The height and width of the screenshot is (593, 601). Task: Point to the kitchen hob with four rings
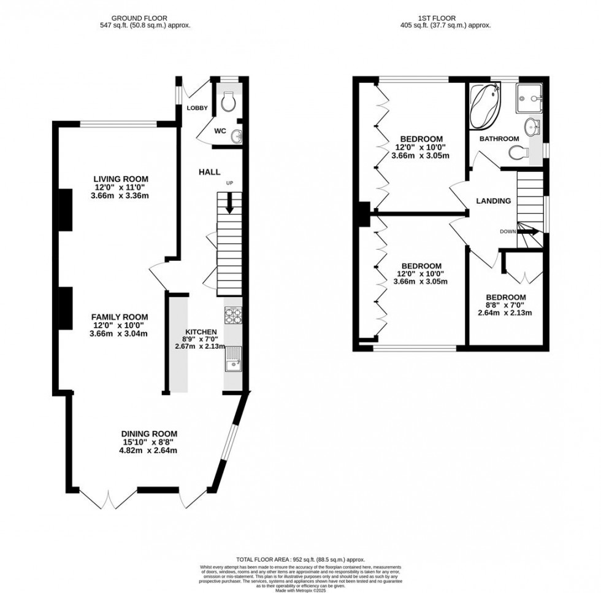234,316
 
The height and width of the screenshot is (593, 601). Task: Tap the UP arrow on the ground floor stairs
230,203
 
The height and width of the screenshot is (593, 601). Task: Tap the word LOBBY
198,108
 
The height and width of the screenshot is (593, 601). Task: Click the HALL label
209,172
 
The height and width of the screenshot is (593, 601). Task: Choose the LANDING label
494,201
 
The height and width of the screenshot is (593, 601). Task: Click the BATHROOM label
499,139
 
